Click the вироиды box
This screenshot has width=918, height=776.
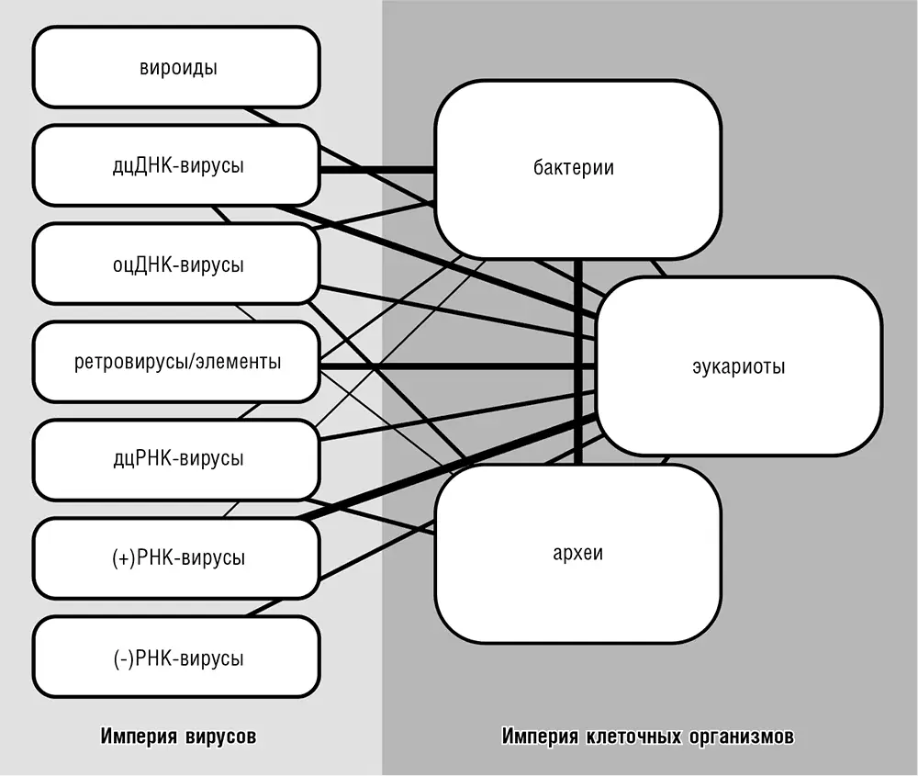pos(176,68)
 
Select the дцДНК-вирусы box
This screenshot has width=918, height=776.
pos(176,166)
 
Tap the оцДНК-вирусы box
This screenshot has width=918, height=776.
pos(176,264)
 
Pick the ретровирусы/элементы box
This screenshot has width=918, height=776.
pos(176,362)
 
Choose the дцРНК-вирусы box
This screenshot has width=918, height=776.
pos(176,459)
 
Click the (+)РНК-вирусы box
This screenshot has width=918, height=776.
pos(176,557)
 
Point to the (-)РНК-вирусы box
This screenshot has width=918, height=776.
pos(176,657)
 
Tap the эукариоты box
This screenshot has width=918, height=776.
pos(738,366)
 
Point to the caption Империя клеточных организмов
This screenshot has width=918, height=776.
pos(648,736)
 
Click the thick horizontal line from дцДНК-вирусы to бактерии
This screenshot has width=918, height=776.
pos(376,169)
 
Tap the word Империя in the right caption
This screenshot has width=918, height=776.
pos(541,736)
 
